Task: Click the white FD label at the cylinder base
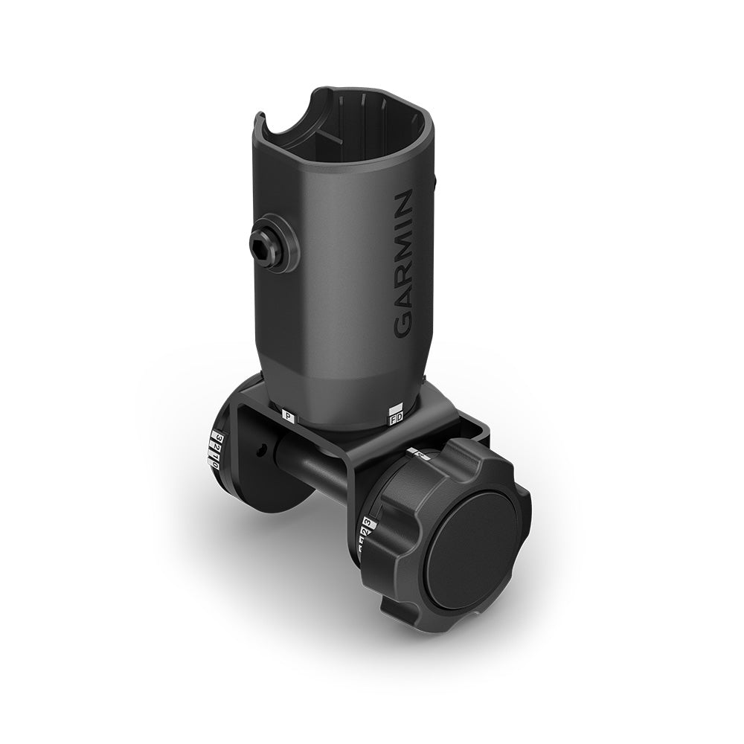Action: click(x=397, y=419)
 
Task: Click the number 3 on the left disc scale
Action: click(x=219, y=436)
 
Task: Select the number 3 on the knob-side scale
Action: click(x=367, y=523)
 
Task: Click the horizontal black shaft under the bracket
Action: click(x=312, y=469)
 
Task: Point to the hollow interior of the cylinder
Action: click(x=357, y=141)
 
